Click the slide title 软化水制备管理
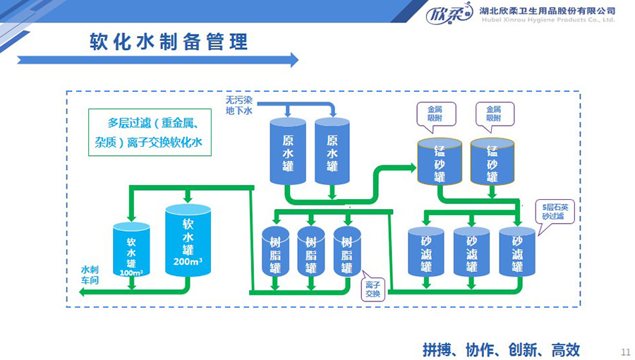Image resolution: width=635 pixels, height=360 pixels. (169, 42)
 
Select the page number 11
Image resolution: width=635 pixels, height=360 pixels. (624, 352)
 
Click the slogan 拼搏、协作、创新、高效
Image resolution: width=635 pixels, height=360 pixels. (501, 349)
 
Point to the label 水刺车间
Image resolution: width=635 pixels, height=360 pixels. (90, 275)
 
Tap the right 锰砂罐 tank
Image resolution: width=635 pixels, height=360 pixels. (492, 162)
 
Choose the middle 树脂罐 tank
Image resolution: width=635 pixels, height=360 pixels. (310, 251)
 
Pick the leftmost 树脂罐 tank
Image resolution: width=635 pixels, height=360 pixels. (275, 251)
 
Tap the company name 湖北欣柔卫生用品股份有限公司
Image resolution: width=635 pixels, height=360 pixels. (547, 11)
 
